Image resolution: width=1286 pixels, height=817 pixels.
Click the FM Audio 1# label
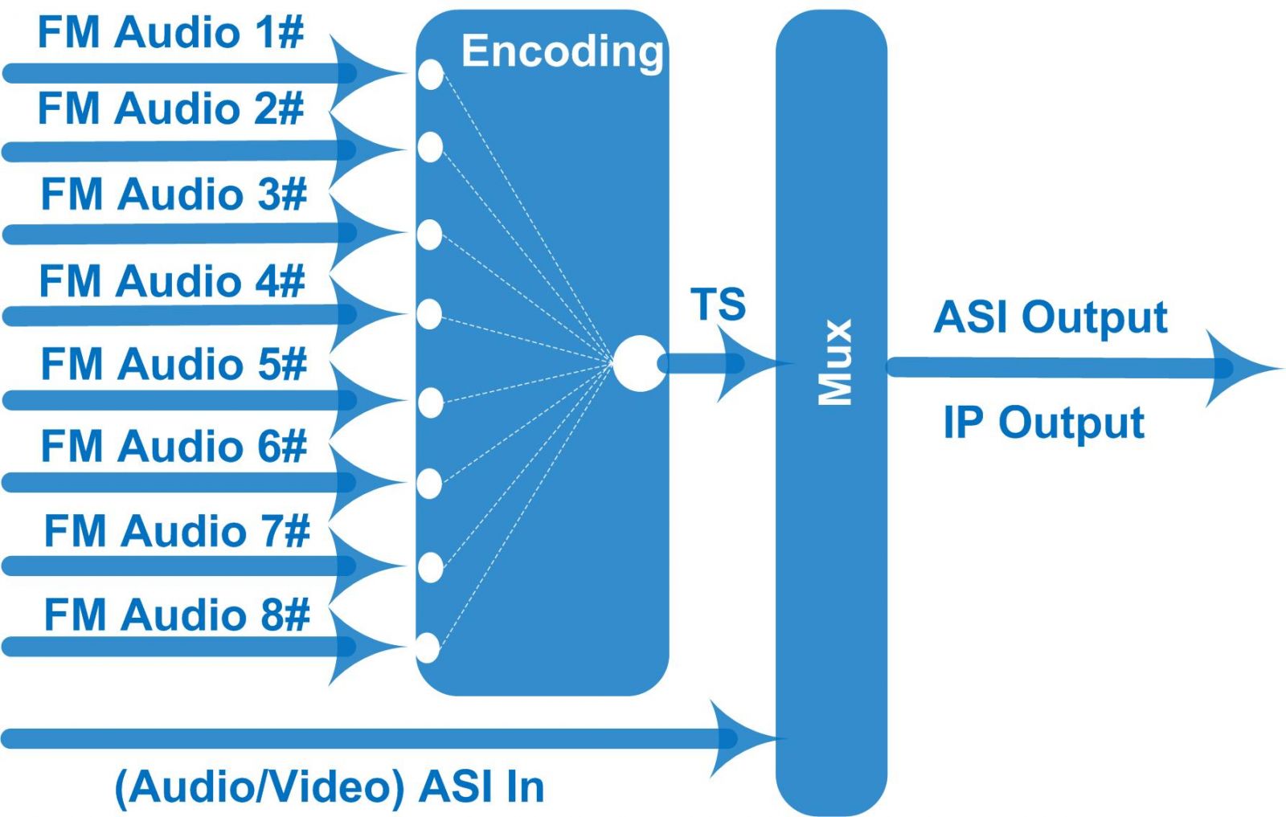(x=170, y=34)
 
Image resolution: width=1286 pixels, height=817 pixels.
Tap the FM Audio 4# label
(x=172, y=281)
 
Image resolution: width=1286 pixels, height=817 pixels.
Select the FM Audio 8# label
(x=177, y=615)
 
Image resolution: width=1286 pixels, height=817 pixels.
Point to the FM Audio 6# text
(x=174, y=446)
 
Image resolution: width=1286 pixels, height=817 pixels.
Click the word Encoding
(x=562, y=52)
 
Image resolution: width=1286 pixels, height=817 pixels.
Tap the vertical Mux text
(x=835, y=362)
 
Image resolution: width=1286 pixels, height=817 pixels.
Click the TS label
(x=718, y=304)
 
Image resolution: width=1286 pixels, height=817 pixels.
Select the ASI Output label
(x=1050, y=317)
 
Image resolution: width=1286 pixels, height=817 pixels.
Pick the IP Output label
(x=1043, y=423)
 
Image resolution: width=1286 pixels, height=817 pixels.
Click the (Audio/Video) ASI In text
(x=330, y=786)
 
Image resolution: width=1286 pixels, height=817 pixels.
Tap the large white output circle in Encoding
(x=639, y=363)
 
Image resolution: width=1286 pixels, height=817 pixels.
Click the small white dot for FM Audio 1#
(x=431, y=74)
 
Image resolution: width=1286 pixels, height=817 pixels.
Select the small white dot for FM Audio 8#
(x=428, y=647)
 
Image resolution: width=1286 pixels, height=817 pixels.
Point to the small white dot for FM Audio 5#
(x=431, y=402)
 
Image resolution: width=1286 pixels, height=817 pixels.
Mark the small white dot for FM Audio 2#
(x=430, y=147)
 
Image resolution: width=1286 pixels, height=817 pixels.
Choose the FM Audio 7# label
(x=177, y=532)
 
